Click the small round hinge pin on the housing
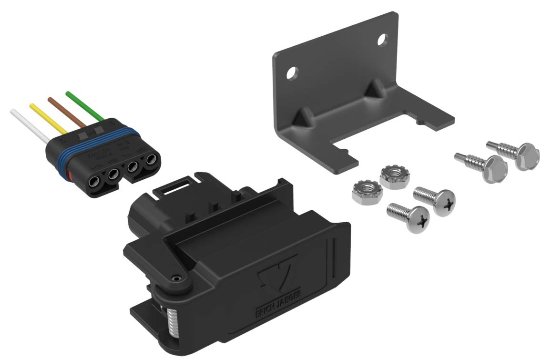177,277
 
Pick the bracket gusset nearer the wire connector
302,116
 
